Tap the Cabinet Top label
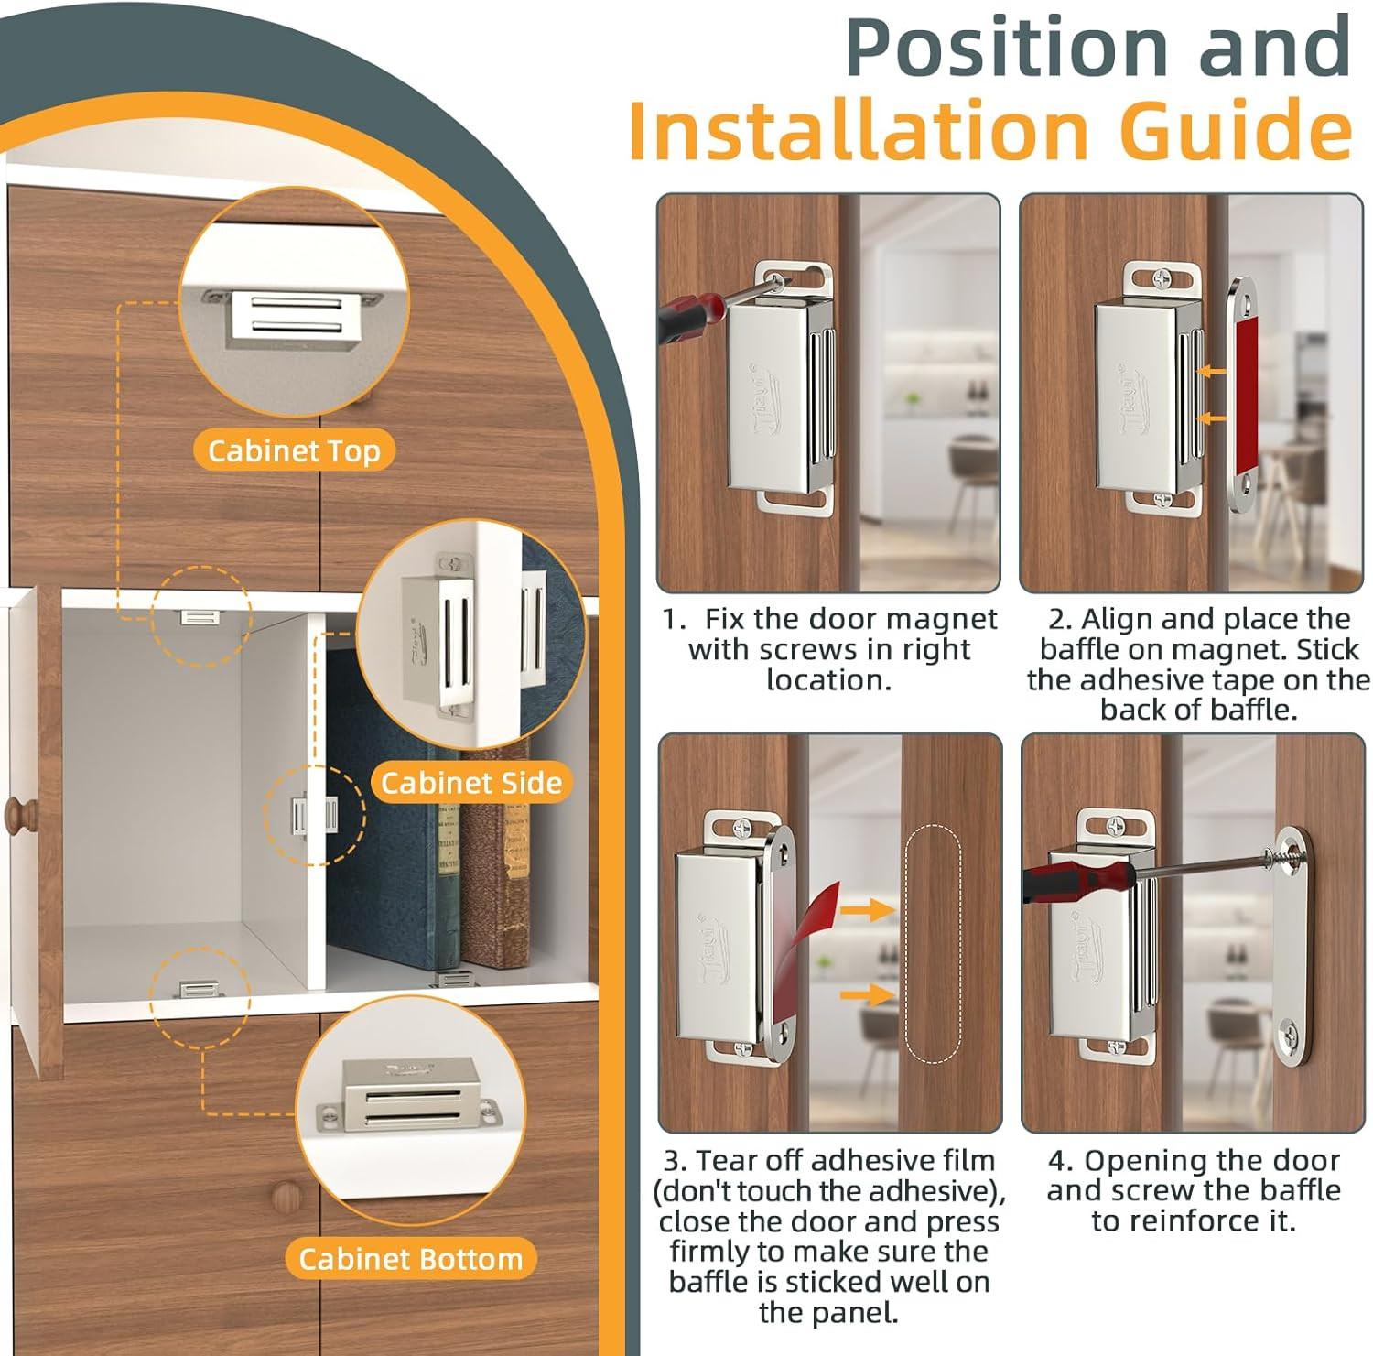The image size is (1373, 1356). point(294,450)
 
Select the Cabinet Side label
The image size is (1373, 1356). point(470,783)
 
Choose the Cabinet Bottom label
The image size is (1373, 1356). point(410,1259)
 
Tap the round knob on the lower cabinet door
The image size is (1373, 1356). point(286,1194)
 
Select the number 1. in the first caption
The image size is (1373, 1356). point(675,620)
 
